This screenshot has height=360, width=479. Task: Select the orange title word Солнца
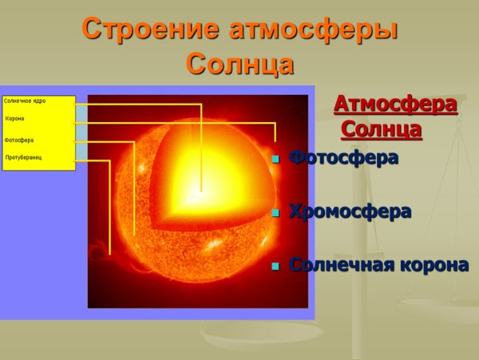(x=239, y=64)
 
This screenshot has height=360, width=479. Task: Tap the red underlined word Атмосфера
(x=395, y=105)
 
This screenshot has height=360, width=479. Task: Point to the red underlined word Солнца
(x=382, y=129)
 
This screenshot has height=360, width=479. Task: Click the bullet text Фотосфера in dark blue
(x=343, y=158)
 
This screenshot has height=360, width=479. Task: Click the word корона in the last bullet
(x=430, y=265)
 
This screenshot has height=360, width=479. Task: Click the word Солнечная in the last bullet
(x=338, y=265)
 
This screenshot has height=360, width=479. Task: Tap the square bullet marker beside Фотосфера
(x=275, y=160)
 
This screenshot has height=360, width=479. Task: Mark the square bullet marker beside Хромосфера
(x=275, y=213)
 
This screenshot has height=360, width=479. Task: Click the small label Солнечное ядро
(x=25, y=101)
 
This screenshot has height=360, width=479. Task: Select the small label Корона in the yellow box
(x=15, y=119)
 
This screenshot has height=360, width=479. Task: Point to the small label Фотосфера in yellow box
(x=19, y=140)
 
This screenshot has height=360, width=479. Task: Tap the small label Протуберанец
(x=23, y=157)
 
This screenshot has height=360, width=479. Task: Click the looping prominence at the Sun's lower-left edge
(x=100, y=252)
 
